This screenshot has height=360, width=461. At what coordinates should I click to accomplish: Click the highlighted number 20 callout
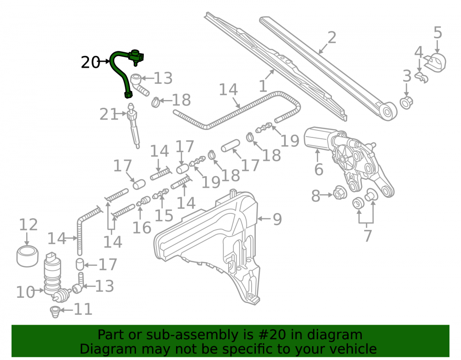(90, 62)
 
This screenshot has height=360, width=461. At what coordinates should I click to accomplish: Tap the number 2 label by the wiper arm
(332, 38)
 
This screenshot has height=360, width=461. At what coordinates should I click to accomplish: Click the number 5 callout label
(438, 32)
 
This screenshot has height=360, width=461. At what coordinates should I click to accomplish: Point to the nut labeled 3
(407, 102)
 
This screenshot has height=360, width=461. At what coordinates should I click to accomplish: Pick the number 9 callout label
(277, 219)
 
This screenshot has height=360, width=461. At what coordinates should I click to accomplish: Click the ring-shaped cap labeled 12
(27, 257)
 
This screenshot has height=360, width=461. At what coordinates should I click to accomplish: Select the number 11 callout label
(83, 309)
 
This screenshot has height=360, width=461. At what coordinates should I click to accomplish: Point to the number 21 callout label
(108, 114)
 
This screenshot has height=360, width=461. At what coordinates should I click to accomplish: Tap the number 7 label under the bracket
(368, 236)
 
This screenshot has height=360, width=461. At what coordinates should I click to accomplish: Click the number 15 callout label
(164, 216)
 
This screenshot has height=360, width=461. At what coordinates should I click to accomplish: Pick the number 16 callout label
(142, 228)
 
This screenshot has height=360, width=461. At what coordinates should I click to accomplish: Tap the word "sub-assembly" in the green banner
(197, 335)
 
